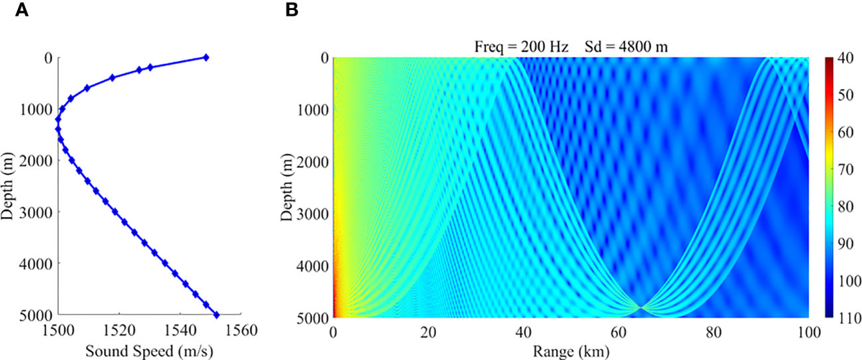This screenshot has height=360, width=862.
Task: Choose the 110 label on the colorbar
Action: (x=845, y=317)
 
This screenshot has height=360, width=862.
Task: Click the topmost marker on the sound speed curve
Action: (x=205, y=57)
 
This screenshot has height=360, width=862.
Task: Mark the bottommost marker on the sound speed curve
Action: (x=217, y=315)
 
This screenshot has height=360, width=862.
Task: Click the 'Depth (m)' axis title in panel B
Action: (x=286, y=187)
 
